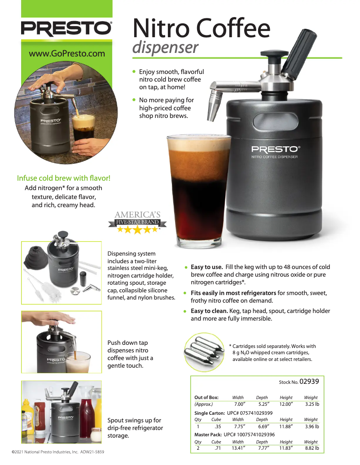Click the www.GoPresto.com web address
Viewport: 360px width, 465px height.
tap(67, 54)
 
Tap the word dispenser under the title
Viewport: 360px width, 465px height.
tap(165, 48)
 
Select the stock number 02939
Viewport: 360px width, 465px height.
tap(309, 381)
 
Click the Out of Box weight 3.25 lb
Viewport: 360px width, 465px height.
tap(312, 404)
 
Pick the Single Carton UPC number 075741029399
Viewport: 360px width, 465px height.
tap(250, 413)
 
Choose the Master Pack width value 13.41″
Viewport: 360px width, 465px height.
tap(238, 448)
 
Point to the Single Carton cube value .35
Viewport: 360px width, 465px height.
tap(218, 426)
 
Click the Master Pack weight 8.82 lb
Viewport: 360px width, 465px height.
tap(312, 448)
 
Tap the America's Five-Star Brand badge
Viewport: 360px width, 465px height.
tap(137, 222)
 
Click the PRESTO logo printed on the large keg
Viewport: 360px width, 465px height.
tap(276, 149)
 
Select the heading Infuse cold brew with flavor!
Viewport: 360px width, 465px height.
tap(63, 178)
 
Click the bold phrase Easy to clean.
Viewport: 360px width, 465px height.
tap(209, 311)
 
